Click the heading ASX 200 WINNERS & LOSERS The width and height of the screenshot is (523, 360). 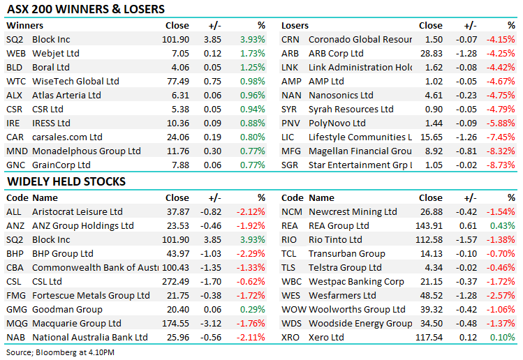pos(86,10)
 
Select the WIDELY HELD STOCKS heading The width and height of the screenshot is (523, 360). pos(66,181)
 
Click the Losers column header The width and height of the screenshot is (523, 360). pos(295,26)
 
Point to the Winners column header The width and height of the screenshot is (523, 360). pos(24,26)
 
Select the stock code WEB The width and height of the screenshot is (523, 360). pos(16,54)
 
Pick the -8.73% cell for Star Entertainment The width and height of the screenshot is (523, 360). pos(501,165)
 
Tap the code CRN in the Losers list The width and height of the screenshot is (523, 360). pos(290,40)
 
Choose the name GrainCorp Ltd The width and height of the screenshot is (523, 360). pos(61,165)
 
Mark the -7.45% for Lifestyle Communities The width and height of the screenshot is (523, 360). pos(501,137)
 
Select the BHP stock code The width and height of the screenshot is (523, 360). pos(15,254)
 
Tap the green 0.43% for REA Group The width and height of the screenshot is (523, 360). pos(503,226)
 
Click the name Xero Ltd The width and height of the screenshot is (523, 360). pos(326,338)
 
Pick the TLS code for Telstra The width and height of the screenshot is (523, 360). pos(290,268)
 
